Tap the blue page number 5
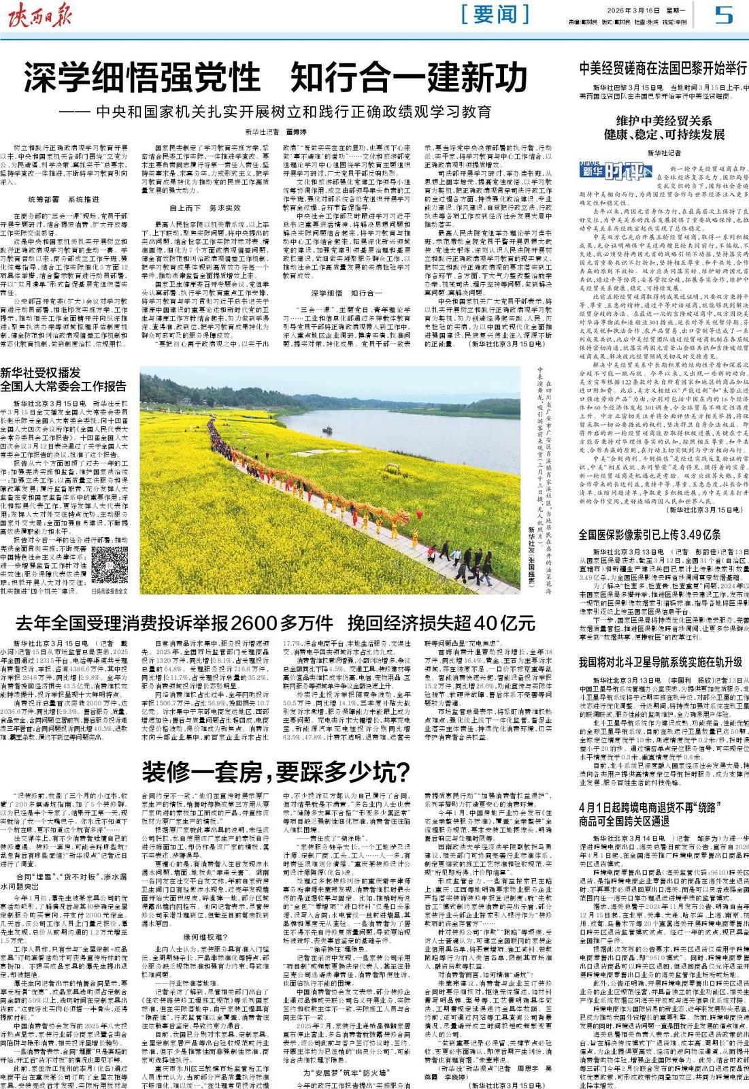724,14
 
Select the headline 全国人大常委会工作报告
63,386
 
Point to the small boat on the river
327,429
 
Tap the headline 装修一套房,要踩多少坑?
276,773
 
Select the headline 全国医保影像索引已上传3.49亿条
650,534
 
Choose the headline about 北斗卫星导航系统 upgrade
660,662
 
